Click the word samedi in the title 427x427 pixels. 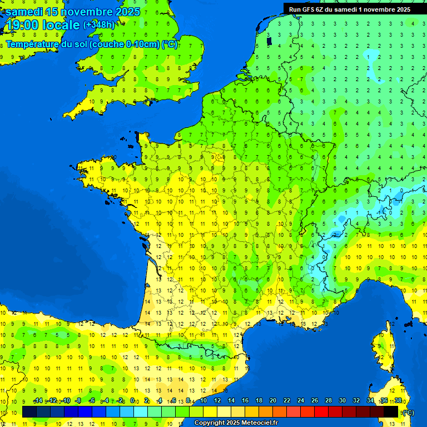coord(24,12)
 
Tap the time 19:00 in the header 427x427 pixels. coord(22,25)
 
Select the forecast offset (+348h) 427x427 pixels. coord(99,25)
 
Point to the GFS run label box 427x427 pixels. coord(347,9)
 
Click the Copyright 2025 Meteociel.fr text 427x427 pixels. coord(236,423)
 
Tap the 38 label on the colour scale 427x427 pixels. coord(398,400)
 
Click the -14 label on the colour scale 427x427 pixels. coord(38,400)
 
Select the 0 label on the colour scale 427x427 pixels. coord(132,400)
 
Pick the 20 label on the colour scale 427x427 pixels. coord(272,400)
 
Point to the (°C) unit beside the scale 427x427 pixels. coord(408,412)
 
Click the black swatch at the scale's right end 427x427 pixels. coord(391,411)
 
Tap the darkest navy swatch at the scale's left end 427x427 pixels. coord(29,411)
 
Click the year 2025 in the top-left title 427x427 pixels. coord(128,12)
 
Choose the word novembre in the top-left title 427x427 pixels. coord(89,12)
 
